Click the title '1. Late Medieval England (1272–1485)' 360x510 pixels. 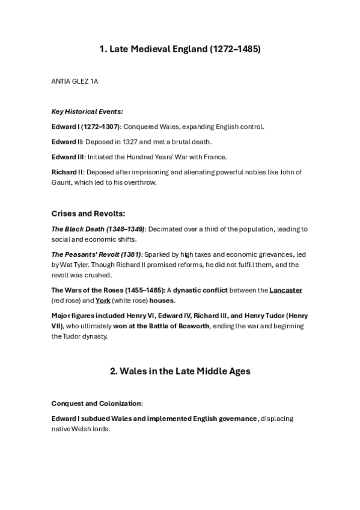[180, 49]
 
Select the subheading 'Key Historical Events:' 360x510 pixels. [79, 112]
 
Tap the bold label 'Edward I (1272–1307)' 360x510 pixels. [86, 127]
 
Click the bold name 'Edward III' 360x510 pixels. [67, 157]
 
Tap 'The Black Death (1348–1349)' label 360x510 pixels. [97, 229]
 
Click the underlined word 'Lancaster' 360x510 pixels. [285, 290]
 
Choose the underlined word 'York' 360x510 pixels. [102, 300]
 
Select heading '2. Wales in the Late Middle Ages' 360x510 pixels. [180, 371]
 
